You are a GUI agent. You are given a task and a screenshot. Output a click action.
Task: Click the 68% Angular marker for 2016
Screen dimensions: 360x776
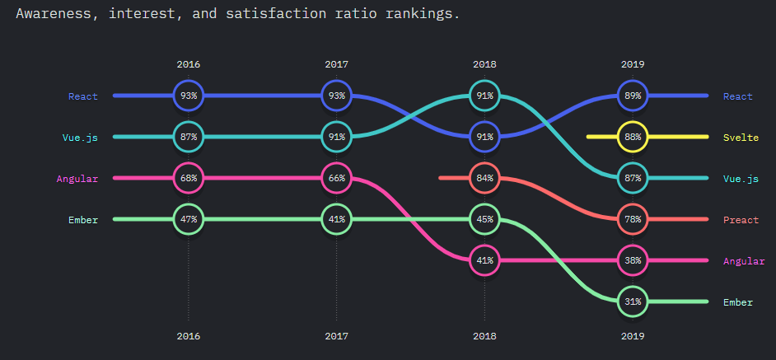click(x=189, y=178)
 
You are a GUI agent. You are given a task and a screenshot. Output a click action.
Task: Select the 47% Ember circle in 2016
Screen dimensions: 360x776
click(x=189, y=219)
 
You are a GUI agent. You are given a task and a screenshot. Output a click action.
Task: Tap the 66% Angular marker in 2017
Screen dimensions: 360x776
click(x=337, y=178)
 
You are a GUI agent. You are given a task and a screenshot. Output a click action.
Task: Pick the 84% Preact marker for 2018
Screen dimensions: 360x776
click(x=484, y=178)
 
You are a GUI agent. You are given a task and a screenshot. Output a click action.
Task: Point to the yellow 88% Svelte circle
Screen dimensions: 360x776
click(x=633, y=137)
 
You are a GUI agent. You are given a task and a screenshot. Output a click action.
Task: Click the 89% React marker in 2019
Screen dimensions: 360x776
click(x=633, y=96)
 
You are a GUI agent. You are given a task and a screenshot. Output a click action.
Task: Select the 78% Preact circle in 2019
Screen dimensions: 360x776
click(x=633, y=219)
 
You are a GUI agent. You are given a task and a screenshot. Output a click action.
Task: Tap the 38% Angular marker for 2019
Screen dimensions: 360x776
click(x=633, y=260)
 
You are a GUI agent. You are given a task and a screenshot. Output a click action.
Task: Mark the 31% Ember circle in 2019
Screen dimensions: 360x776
click(x=633, y=302)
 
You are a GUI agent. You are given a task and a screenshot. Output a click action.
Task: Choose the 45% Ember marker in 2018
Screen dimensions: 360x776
click(x=484, y=219)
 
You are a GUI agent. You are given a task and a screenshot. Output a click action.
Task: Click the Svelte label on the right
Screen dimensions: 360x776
click(x=741, y=138)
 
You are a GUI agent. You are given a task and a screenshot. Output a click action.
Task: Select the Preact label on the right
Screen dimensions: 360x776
click(x=741, y=220)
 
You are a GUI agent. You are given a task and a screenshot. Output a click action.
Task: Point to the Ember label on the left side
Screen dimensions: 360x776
click(x=84, y=220)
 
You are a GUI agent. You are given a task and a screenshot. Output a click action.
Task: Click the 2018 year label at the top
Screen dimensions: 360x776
click(x=484, y=64)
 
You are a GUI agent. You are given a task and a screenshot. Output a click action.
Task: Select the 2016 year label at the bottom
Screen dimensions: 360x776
click(x=189, y=336)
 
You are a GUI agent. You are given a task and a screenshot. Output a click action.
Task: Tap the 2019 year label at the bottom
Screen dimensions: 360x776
click(x=633, y=336)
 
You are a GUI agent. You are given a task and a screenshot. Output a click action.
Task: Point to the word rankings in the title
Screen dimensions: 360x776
click(x=423, y=14)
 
